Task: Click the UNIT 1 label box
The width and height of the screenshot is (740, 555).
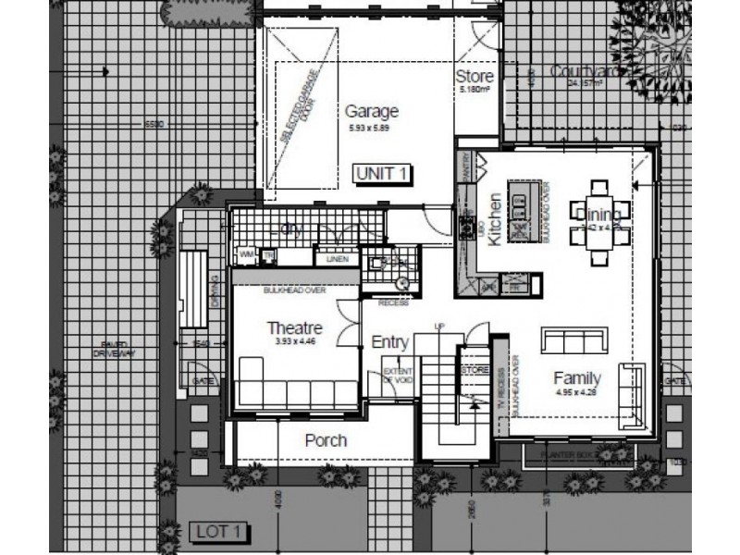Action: pyautogui.click(x=383, y=173)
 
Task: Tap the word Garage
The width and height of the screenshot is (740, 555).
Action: pyautogui.click(x=372, y=112)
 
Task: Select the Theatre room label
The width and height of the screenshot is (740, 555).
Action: pyautogui.click(x=294, y=328)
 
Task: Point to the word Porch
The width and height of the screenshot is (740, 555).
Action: pyautogui.click(x=326, y=440)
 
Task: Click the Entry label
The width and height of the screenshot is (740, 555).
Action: pyautogui.click(x=389, y=342)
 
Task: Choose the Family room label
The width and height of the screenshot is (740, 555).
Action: pyautogui.click(x=577, y=377)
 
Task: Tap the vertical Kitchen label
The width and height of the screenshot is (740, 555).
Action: pyautogui.click(x=495, y=219)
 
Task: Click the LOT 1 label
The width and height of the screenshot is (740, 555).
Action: pyautogui.click(x=219, y=531)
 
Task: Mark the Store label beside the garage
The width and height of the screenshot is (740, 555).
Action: pyautogui.click(x=475, y=76)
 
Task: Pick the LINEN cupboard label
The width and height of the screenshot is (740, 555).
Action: pyautogui.click(x=337, y=259)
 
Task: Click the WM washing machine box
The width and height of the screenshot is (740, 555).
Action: pyautogui.click(x=247, y=253)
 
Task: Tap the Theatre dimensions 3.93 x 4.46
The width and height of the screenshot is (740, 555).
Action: pyautogui.click(x=294, y=341)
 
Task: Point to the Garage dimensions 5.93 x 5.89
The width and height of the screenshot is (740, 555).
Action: pyautogui.click(x=372, y=127)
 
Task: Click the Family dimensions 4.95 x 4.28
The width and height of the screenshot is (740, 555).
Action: pyautogui.click(x=577, y=391)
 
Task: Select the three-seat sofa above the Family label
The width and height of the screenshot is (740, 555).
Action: pyautogui.click(x=573, y=339)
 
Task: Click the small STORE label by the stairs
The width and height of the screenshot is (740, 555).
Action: pyautogui.click(x=475, y=370)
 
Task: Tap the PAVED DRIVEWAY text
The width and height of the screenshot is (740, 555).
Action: pyautogui.click(x=117, y=349)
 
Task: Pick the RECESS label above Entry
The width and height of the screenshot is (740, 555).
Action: pyautogui.click(x=393, y=302)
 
